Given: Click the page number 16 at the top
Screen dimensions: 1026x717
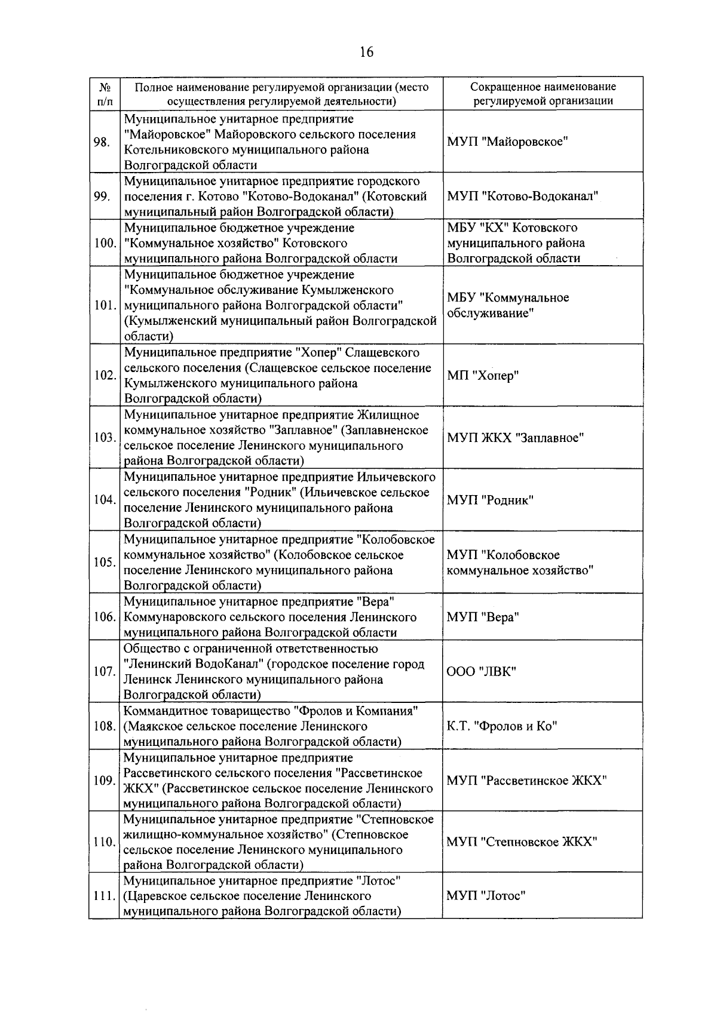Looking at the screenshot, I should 366,53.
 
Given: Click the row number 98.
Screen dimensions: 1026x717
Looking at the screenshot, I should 102,142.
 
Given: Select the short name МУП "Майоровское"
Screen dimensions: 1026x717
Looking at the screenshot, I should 507,142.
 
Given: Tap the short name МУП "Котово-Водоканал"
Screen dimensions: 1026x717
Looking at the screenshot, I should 523,196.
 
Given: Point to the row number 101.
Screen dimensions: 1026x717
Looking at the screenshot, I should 105,305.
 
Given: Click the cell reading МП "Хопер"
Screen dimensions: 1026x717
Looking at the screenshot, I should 483,376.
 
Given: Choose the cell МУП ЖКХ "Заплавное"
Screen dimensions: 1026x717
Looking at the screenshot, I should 515,438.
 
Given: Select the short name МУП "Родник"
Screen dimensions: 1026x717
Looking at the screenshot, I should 490,500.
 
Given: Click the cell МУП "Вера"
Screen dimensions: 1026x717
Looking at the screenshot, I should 483,617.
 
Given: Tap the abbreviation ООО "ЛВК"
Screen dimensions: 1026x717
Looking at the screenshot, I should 481,671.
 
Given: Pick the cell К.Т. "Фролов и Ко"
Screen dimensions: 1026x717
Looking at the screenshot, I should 502,726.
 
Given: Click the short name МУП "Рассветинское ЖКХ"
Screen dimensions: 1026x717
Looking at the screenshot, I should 527,781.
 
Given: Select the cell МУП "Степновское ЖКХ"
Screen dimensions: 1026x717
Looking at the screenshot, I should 522,842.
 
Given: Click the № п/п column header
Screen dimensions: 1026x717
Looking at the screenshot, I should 104,94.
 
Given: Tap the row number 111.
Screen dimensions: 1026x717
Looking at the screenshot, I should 105,896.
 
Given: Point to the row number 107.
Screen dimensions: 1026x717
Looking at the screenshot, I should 105,671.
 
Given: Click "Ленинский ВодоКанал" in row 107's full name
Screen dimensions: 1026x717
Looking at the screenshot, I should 190,664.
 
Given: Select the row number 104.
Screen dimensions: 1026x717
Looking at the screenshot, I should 105,500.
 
